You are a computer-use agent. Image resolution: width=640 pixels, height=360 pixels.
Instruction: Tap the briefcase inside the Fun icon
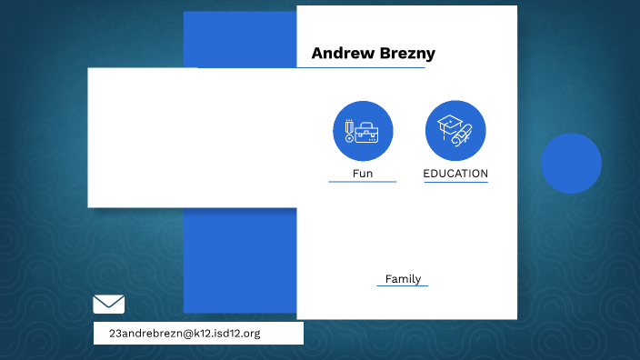coord(367,134)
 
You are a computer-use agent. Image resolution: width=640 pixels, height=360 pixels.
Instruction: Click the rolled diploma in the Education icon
coord(463,137)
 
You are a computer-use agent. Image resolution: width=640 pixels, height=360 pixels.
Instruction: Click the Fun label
coord(363,174)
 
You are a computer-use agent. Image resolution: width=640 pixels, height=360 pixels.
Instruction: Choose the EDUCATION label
coord(455,174)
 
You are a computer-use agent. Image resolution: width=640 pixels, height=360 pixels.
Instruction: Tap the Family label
coord(403,279)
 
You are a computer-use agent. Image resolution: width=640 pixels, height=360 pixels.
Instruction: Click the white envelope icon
coord(109,305)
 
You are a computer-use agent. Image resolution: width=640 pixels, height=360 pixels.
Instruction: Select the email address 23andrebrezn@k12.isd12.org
coord(185,334)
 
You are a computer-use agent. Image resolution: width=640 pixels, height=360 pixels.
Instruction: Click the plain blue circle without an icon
coord(571,164)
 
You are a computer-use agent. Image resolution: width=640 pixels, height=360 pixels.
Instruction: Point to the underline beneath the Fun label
coord(363,182)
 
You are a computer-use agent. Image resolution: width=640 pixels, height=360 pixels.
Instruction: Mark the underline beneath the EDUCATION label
coord(455,183)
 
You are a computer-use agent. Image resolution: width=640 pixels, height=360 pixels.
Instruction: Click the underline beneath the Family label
coord(403,286)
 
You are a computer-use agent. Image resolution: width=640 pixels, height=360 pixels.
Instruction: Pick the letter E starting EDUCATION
coord(427,174)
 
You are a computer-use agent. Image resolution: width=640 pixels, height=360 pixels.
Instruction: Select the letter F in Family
coord(388,279)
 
